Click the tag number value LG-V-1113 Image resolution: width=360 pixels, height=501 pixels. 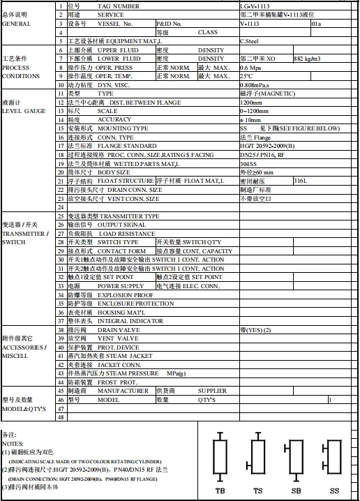pos(255,6)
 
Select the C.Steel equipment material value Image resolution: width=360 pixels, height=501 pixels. pos(250,42)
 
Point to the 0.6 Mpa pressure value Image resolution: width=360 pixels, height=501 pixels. pos(251,68)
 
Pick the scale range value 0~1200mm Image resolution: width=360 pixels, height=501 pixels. pos(255,111)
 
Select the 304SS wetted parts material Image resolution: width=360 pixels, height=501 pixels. pos(249,163)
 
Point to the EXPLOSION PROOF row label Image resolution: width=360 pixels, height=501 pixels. pos(116,295)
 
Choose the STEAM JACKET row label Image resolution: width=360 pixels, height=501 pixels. pos(126,356)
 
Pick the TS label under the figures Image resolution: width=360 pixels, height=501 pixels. pos(257,491)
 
